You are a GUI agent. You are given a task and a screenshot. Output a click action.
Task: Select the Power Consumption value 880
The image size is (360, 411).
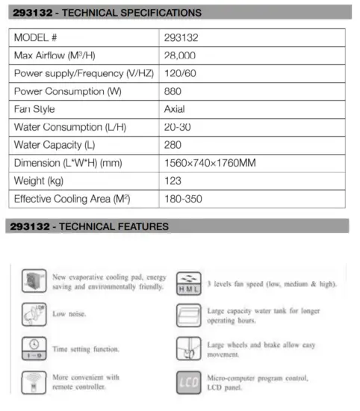(x=173, y=92)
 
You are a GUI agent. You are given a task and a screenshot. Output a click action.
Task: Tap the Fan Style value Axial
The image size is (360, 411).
(x=175, y=109)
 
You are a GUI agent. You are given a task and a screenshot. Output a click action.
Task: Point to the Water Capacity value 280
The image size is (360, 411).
(x=173, y=145)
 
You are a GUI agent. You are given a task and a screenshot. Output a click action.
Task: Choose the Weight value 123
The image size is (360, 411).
(x=173, y=181)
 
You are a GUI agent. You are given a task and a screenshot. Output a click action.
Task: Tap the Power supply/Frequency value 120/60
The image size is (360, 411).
(x=179, y=74)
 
